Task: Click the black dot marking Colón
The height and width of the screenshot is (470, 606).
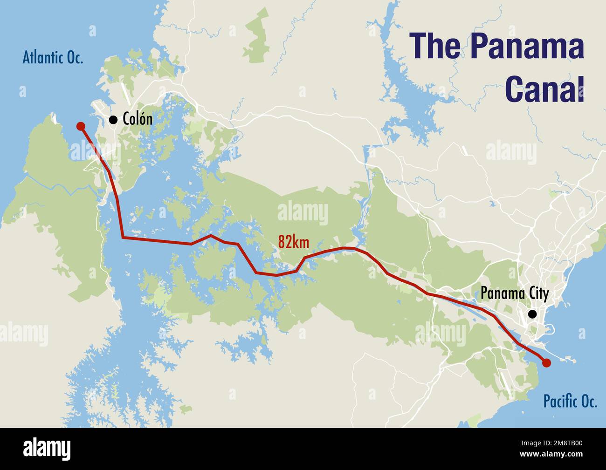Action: [x=113, y=120]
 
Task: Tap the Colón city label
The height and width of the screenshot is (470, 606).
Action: [x=137, y=119]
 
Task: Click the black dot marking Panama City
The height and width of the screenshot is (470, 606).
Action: [x=532, y=314]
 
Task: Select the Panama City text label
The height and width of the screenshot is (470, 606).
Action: [x=514, y=294]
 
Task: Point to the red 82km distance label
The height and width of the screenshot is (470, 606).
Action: [x=293, y=242]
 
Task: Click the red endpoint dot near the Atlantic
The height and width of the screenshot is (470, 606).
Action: [x=81, y=126]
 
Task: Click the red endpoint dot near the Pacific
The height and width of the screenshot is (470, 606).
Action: [x=547, y=362]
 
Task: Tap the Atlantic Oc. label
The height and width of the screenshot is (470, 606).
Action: [x=53, y=58]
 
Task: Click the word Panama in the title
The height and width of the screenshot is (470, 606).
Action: [x=527, y=46]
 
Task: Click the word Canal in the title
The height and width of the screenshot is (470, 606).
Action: [x=544, y=89]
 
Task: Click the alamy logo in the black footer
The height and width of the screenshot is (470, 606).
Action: [x=47, y=449]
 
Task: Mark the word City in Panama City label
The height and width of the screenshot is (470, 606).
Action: [x=537, y=294]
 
